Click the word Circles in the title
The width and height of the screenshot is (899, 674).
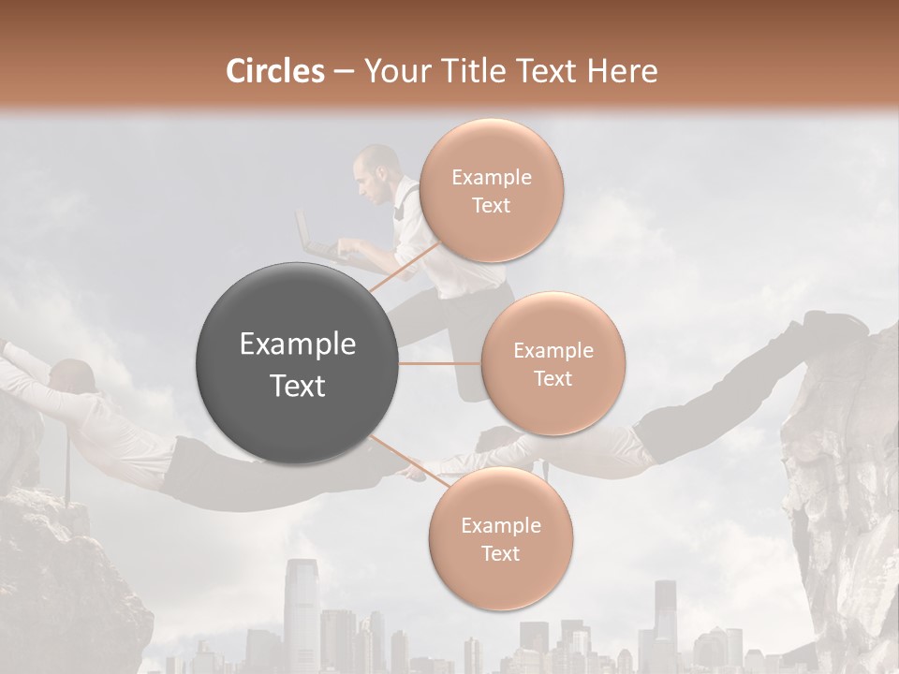tap(275, 71)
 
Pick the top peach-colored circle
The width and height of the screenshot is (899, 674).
tap(491, 191)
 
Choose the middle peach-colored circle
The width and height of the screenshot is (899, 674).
tap(553, 363)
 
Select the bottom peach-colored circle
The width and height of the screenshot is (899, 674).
tap(500, 539)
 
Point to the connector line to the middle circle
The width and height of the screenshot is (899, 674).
tap(440, 363)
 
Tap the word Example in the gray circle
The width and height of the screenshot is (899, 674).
tap(298, 344)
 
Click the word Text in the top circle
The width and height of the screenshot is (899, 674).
tap(491, 206)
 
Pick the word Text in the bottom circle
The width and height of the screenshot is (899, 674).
tap(500, 554)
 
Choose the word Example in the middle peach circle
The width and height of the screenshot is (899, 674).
tap(553, 350)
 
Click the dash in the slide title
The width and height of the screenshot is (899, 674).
tap(343, 71)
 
